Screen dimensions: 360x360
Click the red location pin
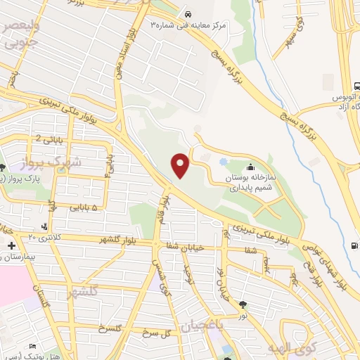181,165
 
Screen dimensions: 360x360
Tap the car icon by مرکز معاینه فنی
188,15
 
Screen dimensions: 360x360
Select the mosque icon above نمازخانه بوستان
252,167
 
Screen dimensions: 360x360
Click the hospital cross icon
11,246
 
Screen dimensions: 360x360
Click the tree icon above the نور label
243,304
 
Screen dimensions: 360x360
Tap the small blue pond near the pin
223,162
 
